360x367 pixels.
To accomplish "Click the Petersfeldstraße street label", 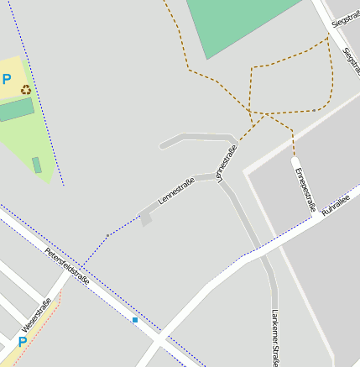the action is click(x=67, y=265).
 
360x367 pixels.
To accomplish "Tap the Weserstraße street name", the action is click(x=38, y=312).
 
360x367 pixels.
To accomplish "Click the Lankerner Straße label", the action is click(x=275, y=338).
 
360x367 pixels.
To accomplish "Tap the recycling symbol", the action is click(x=26, y=88).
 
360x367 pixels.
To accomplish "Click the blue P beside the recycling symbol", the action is click(x=7, y=80).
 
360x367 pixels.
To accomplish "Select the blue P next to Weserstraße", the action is click(x=22, y=342).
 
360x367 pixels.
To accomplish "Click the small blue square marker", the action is click(x=134, y=320).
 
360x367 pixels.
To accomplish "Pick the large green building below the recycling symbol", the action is click(x=16, y=109).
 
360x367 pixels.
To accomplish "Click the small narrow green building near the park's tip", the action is click(x=36, y=165).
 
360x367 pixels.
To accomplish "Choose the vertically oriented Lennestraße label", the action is click(x=227, y=163).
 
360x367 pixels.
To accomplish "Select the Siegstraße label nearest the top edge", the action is click(x=345, y=19).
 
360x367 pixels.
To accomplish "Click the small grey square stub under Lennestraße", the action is click(x=146, y=219).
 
